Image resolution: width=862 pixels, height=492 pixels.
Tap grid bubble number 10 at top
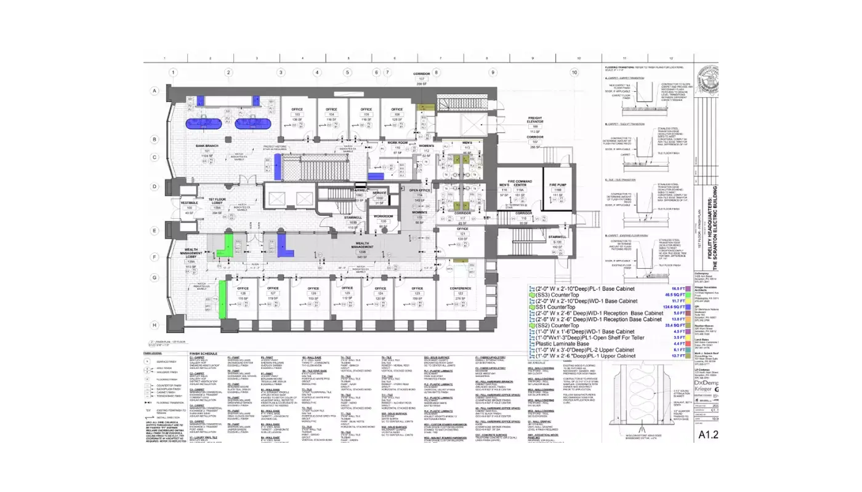pos(574,73)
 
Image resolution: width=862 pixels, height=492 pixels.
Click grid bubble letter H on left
pos(155,325)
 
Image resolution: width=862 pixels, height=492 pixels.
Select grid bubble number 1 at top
pos(173,73)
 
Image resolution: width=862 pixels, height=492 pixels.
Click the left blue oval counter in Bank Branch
pos(203,123)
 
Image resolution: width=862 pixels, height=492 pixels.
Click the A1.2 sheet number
pos(709,435)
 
